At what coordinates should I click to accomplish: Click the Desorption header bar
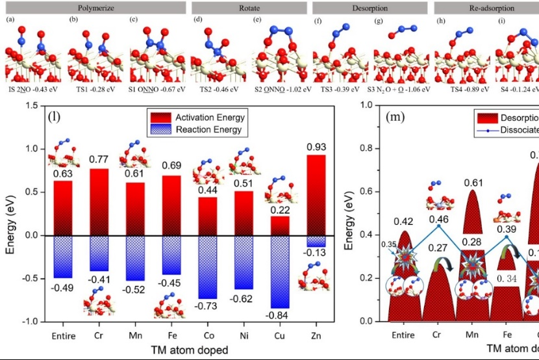point(370,8)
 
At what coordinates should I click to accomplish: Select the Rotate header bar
point(249,8)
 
